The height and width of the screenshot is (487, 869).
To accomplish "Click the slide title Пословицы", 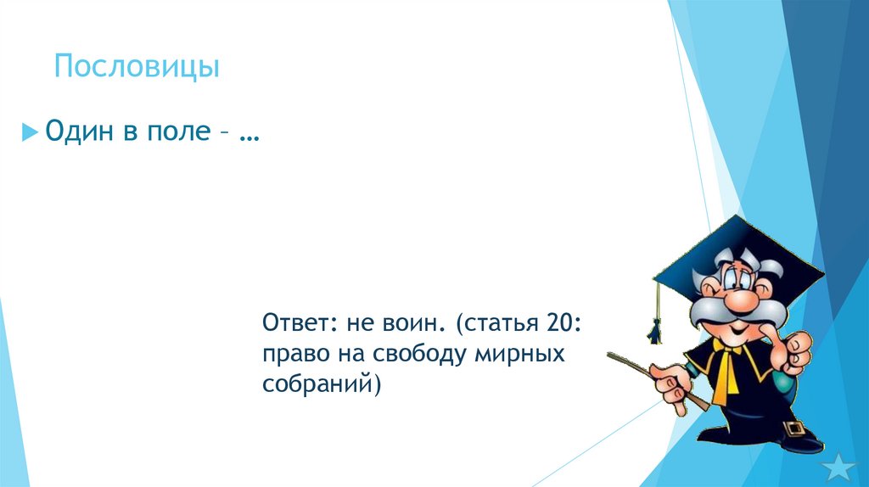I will pos(137,66).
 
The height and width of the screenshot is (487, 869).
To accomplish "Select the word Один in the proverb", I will pos(79,132).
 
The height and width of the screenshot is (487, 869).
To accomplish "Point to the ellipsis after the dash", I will pos(249,136).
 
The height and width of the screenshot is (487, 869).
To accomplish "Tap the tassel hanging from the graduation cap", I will pos(656,327).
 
